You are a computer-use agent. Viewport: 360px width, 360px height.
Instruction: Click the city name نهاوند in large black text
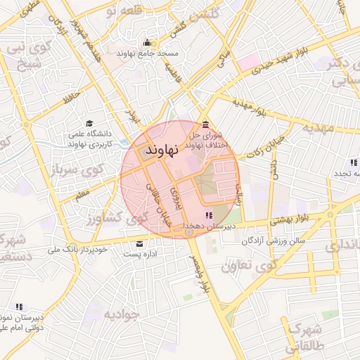(x=162, y=151)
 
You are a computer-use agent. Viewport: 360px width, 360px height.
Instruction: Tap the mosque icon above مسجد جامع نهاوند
(x=146, y=42)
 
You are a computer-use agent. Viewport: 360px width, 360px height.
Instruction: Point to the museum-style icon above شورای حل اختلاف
(x=205, y=124)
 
